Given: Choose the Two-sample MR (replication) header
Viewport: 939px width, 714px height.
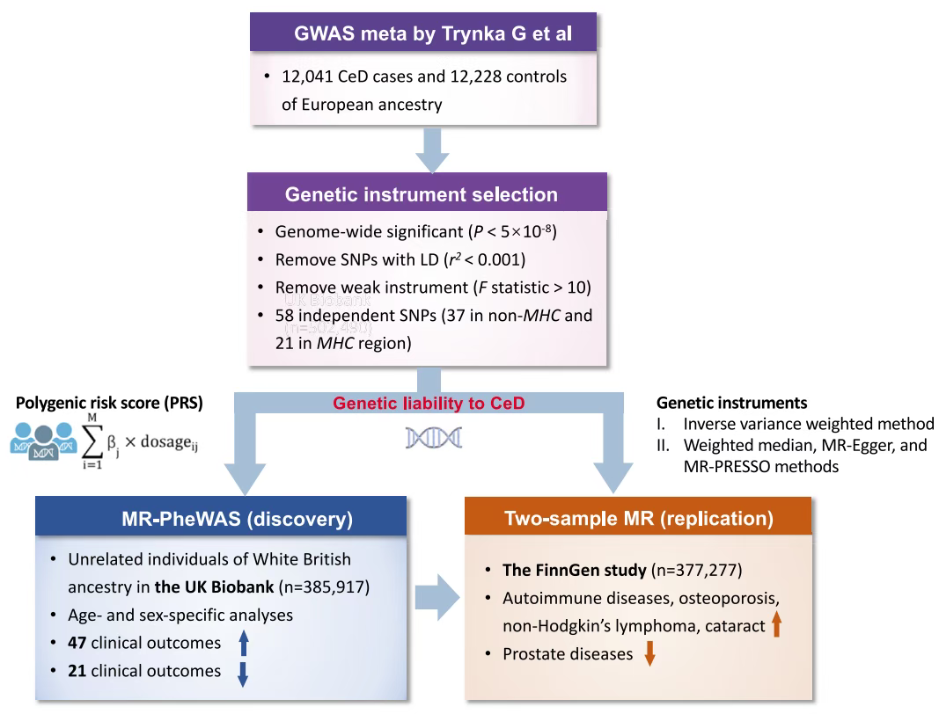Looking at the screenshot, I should (639, 519).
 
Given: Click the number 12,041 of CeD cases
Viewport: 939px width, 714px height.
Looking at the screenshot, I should (303, 76).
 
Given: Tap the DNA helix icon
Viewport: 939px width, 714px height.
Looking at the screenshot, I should (434, 437).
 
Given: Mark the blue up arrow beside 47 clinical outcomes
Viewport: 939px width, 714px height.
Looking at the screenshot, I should (244, 644).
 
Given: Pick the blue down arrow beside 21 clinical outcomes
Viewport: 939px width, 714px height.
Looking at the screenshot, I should (244, 673).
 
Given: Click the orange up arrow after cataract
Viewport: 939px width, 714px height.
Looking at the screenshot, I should (774, 625).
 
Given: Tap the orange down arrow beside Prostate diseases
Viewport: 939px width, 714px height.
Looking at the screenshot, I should (649, 655).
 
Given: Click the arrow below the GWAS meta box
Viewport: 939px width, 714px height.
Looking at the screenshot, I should (430, 149).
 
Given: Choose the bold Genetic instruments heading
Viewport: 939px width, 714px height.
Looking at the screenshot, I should (732, 403).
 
